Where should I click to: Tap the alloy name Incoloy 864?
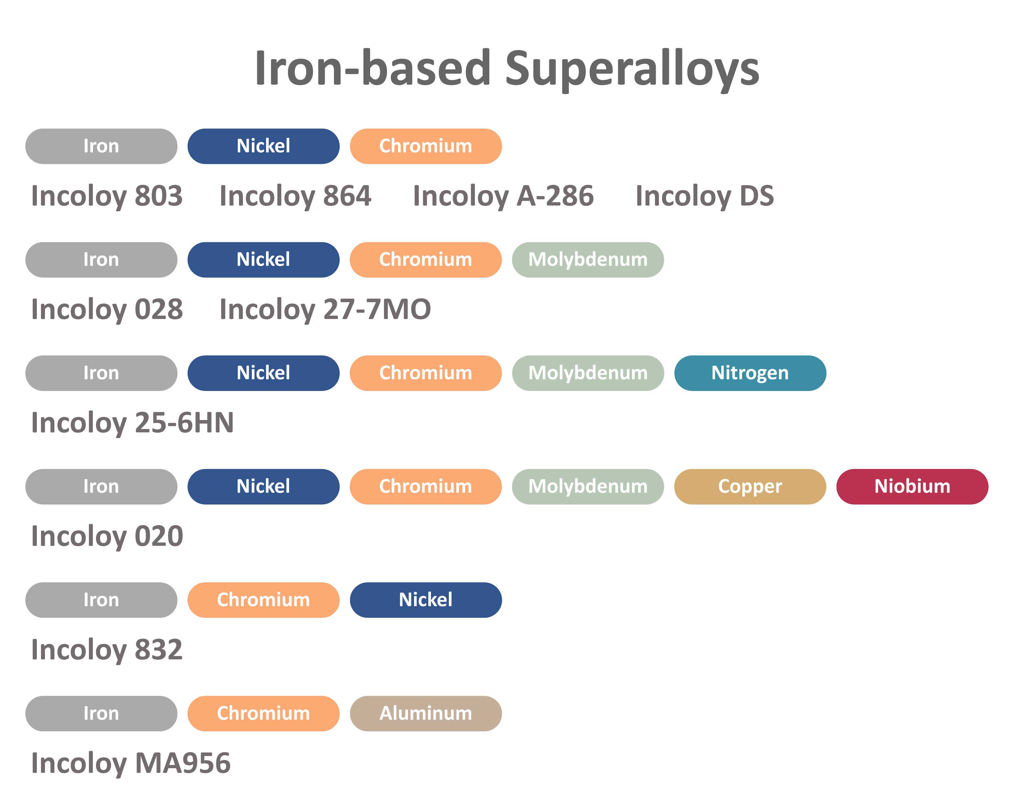click(x=295, y=196)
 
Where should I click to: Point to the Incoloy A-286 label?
click(x=503, y=196)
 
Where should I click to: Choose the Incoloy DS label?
click(x=704, y=196)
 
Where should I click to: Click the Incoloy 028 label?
click(x=107, y=309)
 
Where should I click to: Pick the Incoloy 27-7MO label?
click(x=325, y=309)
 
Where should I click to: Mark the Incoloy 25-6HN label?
click(x=132, y=423)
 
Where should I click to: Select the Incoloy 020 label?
click(x=107, y=536)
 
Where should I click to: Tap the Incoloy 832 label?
click(x=107, y=650)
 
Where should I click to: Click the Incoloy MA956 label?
click(x=131, y=763)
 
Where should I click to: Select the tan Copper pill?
click(x=750, y=487)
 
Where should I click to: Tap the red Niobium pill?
click(x=912, y=487)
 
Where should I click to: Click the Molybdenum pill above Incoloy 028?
click(x=588, y=260)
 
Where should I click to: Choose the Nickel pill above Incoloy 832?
click(x=426, y=600)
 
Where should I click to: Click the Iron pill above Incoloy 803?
click(x=101, y=146)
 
